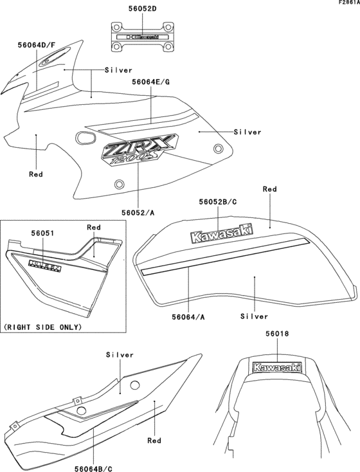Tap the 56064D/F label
37,46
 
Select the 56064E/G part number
151,82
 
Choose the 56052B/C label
218,201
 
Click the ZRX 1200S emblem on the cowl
136,153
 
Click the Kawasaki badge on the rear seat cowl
278,368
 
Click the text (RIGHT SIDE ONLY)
43,327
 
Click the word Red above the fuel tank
270,190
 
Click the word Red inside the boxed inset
94,227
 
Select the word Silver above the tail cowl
120,354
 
